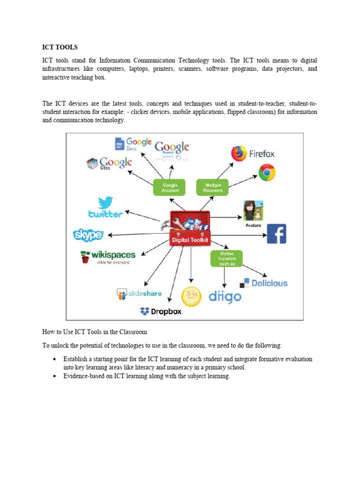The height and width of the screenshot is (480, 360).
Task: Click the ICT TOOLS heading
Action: click(60, 47)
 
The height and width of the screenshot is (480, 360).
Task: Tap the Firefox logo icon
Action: click(239, 153)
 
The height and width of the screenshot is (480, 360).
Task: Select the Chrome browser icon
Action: click(267, 172)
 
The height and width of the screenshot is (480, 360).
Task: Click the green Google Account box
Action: click(170, 187)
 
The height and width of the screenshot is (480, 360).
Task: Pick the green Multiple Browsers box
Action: click(213, 187)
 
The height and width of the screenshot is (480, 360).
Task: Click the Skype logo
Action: click(88, 234)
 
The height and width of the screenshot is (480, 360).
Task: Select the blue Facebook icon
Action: click(277, 234)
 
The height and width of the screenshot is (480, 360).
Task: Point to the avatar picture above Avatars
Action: click(253, 210)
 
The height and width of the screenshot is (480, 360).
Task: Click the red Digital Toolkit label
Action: click(190, 240)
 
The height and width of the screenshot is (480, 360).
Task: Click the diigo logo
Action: click(225, 296)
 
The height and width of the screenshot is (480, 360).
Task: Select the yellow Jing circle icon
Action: click(191, 296)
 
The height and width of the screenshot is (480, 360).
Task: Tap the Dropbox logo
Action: click(161, 311)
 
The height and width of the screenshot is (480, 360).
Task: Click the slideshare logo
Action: click(139, 294)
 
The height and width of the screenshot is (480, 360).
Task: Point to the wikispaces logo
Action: click(108, 256)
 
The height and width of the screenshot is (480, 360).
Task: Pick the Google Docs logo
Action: click(133, 143)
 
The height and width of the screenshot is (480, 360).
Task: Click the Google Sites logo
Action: click(109, 163)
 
